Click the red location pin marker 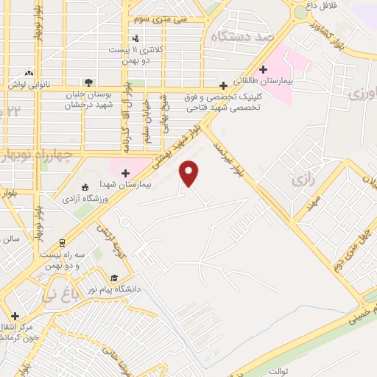tap(189, 173)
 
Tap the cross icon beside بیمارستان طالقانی tap(264, 69)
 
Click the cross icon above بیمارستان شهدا tap(135, 173)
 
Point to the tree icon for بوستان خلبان tap(88, 83)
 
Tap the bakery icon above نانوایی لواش tap(29, 74)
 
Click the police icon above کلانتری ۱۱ tap(135, 38)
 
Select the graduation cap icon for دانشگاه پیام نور tap(114, 278)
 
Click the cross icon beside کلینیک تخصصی tap(223, 85)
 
